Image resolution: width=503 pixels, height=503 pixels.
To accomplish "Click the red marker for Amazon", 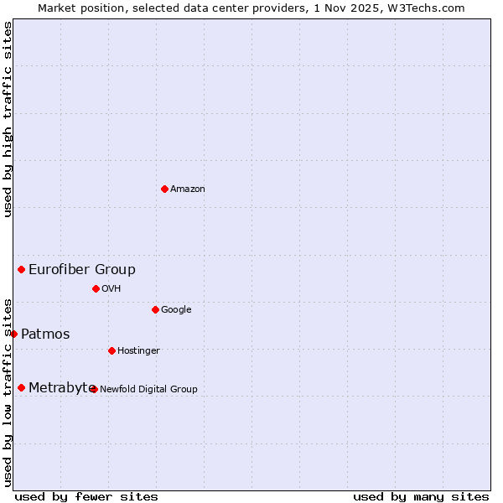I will click(x=164, y=189).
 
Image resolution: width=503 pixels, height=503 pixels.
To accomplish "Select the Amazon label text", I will click(x=188, y=189).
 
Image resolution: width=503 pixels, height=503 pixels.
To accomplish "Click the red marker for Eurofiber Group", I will click(x=22, y=269).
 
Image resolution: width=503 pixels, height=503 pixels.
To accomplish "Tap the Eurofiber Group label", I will click(x=82, y=270).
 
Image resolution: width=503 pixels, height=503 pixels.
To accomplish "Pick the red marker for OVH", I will click(x=96, y=288).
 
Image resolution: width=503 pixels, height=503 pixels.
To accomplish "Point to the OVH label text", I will click(x=111, y=289).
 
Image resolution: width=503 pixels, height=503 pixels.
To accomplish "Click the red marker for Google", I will click(x=155, y=309).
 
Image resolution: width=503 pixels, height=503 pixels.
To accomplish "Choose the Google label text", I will click(x=176, y=310).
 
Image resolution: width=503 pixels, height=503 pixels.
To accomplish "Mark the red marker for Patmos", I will click(x=13, y=334).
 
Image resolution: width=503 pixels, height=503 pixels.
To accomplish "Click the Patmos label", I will click(x=45, y=334).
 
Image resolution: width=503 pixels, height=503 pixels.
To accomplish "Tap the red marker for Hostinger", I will click(x=111, y=350).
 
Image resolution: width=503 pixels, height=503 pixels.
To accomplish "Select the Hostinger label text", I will click(x=138, y=351).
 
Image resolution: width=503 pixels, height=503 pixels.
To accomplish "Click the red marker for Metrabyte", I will click(x=22, y=387).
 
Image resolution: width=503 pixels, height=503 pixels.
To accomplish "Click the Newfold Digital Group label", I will click(x=149, y=389).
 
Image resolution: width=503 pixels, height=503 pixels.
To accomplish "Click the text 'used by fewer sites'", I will click(x=86, y=497).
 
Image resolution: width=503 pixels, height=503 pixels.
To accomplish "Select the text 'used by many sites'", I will click(x=421, y=497).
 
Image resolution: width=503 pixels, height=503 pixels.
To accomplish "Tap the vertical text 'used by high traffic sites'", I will click(x=8, y=119).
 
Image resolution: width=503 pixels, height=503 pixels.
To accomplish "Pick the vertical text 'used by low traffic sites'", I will click(x=8, y=392).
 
